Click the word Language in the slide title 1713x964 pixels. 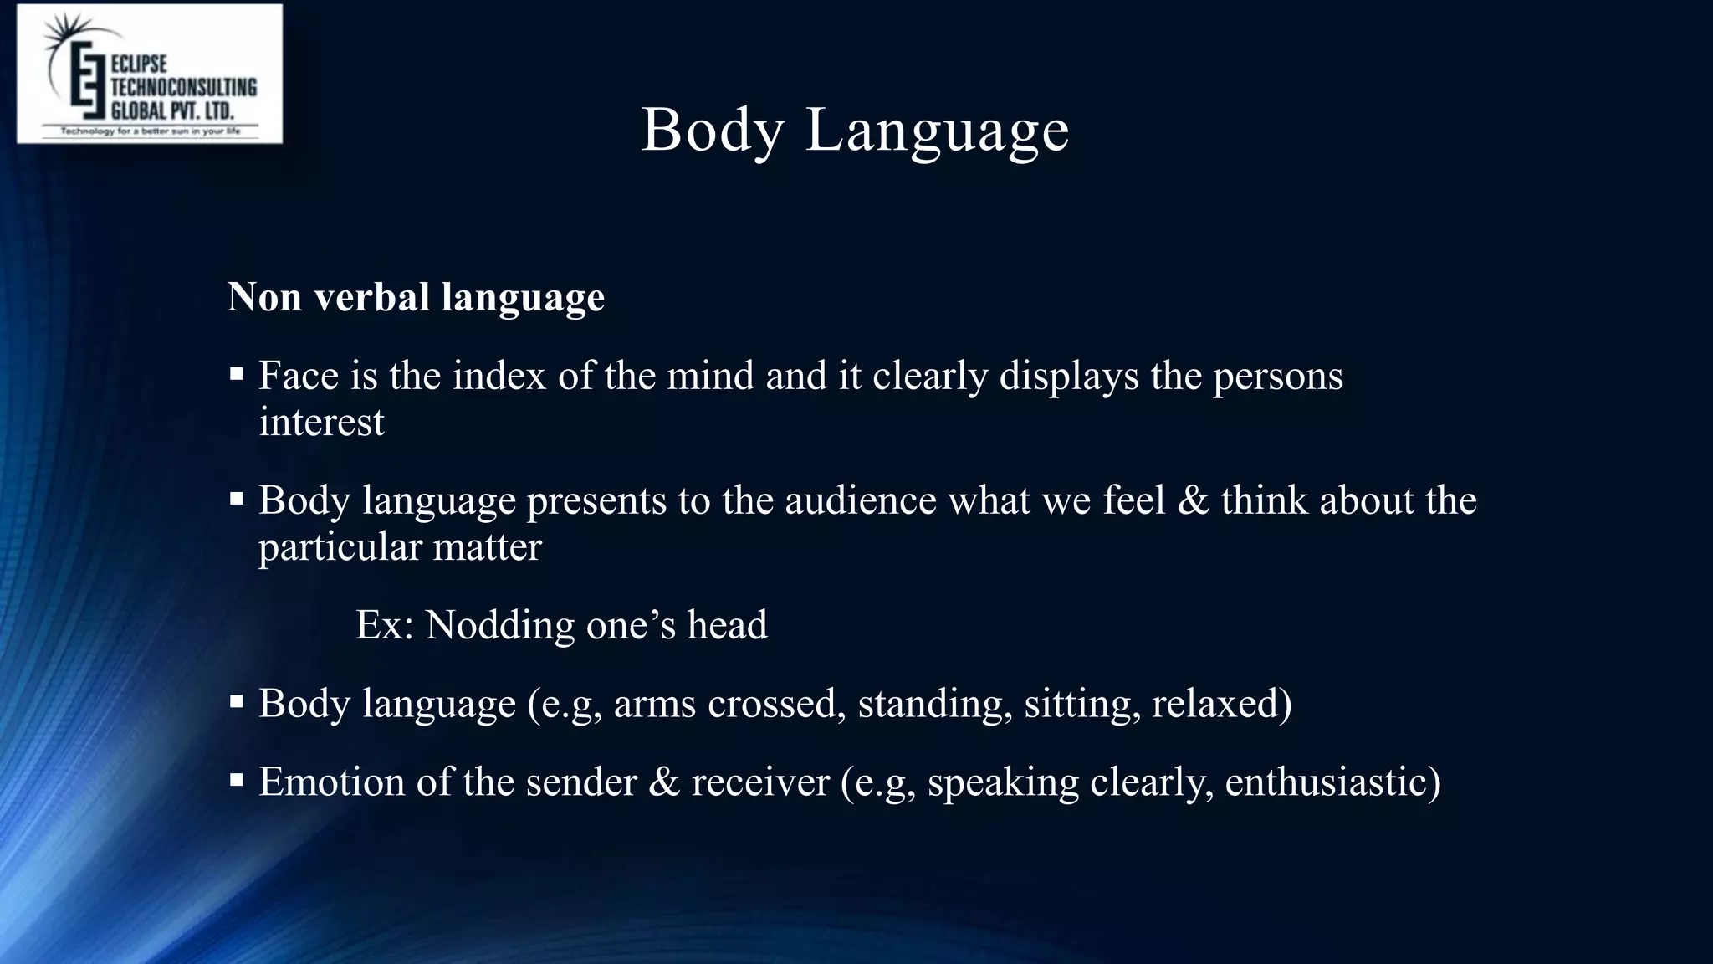[937, 131]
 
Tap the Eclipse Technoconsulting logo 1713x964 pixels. [150, 74]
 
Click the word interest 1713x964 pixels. [321, 422]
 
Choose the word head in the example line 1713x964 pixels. [727, 625]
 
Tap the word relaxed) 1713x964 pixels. [1221, 704]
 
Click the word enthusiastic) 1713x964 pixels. [1332, 782]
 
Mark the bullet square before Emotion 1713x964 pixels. [237, 781]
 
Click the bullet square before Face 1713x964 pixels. [237, 374]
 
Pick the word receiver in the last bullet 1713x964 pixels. [760, 782]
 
